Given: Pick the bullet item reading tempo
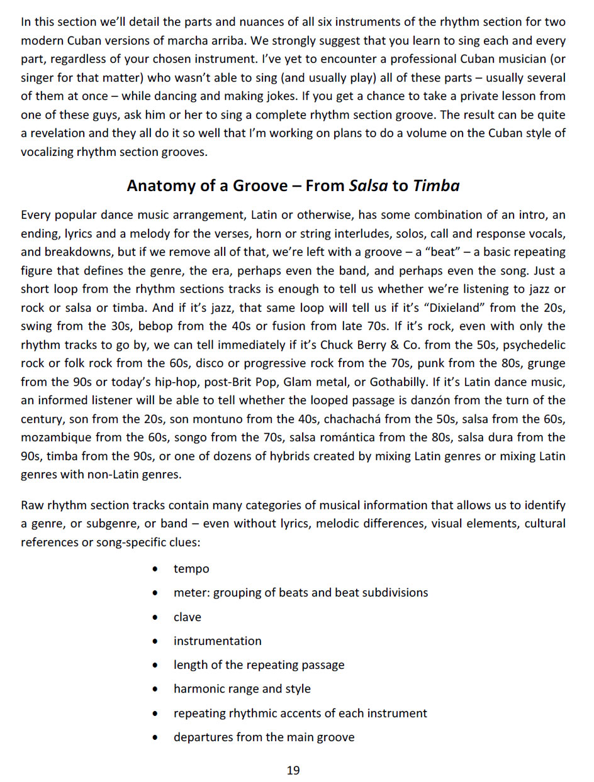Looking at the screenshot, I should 191,569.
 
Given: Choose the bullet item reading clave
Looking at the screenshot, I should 188,617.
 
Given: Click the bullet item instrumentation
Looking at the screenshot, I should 217,641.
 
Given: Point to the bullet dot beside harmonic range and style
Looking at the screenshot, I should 155,690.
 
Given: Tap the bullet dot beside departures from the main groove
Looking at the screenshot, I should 155,738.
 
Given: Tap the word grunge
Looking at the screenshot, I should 548,363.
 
